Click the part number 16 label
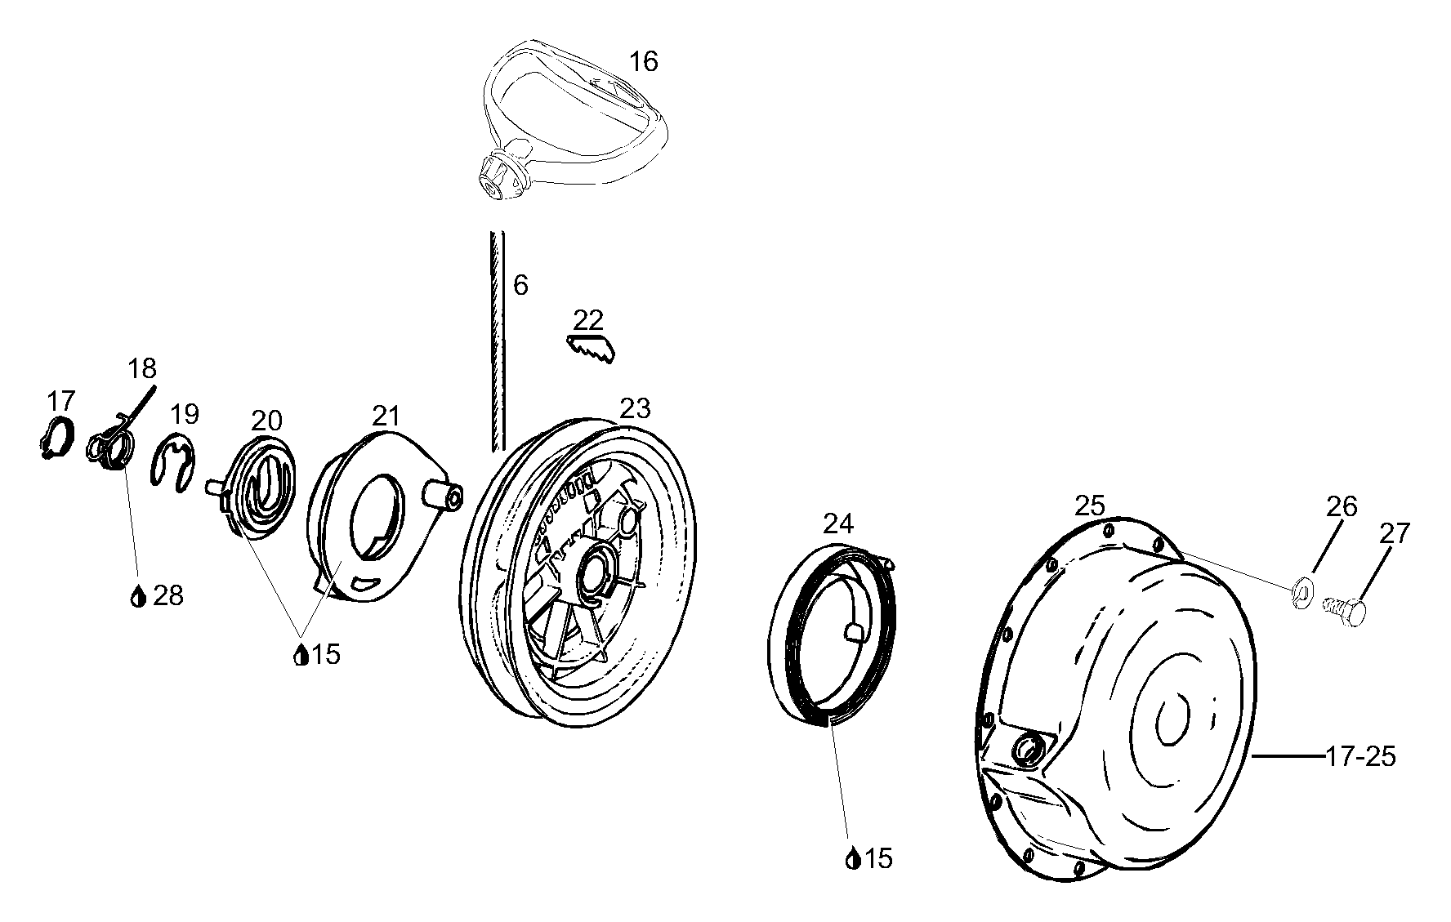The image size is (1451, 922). point(644,61)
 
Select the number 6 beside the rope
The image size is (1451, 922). point(520,286)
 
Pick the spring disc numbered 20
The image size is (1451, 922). point(261,489)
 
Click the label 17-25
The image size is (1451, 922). point(1360,757)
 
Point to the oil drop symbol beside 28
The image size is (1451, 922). point(137,597)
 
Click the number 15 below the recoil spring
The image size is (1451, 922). point(878,859)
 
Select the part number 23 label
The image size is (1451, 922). point(635,408)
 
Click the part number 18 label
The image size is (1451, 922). point(142,368)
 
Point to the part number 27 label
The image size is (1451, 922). point(1394,533)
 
